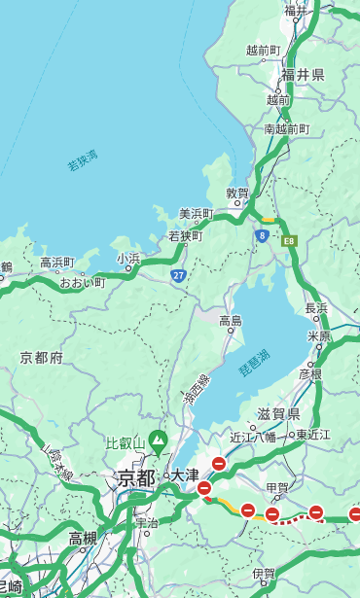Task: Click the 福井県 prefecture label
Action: click(303, 75)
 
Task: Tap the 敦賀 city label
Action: click(237, 193)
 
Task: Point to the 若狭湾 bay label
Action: click(83, 160)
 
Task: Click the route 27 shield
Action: click(179, 276)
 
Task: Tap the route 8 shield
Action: click(262, 235)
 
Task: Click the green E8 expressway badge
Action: click(288, 239)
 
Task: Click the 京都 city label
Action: click(136, 477)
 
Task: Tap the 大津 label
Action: click(184, 475)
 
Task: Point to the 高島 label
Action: click(231, 321)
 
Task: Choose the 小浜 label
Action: click(128, 258)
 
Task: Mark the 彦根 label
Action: click(310, 373)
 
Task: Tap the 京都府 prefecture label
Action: click(42, 358)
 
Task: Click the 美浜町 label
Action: click(196, 214)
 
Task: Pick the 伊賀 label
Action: click(264, 574)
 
